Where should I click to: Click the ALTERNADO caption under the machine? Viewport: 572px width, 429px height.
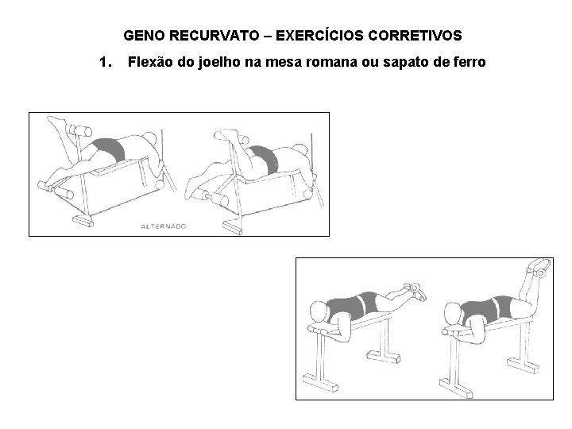tap(163, 226)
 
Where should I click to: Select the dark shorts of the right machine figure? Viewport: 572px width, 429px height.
tap(263, 157)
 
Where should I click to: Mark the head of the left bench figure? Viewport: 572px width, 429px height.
tap(320, 311)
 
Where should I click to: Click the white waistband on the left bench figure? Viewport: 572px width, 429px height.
tap(367, 305)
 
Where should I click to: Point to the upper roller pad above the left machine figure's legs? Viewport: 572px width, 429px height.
tap(80, 129)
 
